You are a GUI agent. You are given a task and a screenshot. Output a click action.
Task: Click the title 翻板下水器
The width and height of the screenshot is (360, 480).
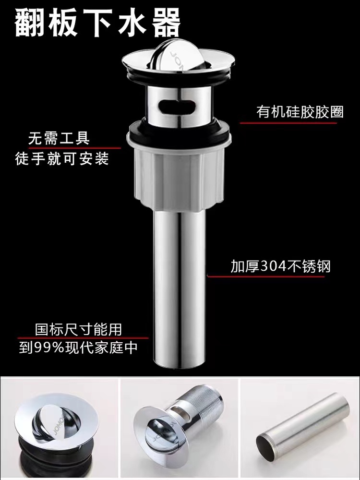[97, 23]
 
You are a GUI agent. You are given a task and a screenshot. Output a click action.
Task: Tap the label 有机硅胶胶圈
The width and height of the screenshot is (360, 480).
[300, 112]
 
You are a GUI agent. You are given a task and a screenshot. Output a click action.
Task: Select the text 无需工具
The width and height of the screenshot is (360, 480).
[59, 138]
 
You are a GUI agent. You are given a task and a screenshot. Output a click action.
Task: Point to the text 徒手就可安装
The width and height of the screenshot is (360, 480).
[62, 159]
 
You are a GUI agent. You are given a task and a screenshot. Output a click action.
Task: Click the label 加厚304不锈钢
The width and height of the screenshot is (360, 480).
[281, 266]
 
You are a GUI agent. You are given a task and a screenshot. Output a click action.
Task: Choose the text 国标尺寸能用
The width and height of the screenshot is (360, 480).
[78, 329]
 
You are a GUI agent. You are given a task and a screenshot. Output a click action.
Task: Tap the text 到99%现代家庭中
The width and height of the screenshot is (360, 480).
[78, 348]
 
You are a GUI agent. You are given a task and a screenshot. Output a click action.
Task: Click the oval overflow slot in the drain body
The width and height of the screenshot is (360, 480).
[177, 106]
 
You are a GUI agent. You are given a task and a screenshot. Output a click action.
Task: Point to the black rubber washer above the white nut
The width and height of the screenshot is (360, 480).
[179, 131]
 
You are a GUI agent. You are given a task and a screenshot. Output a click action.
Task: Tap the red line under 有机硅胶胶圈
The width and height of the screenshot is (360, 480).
[288, 123]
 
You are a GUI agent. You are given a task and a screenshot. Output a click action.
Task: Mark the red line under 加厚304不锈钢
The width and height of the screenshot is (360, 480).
[266, 276]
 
